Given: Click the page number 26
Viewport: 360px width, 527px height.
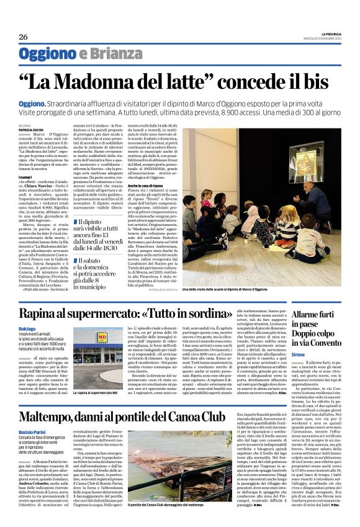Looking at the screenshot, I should pyautogui.click(x=23, y=37).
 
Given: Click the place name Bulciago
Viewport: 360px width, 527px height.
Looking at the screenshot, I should pyautogui.click(x=27, y=328).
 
